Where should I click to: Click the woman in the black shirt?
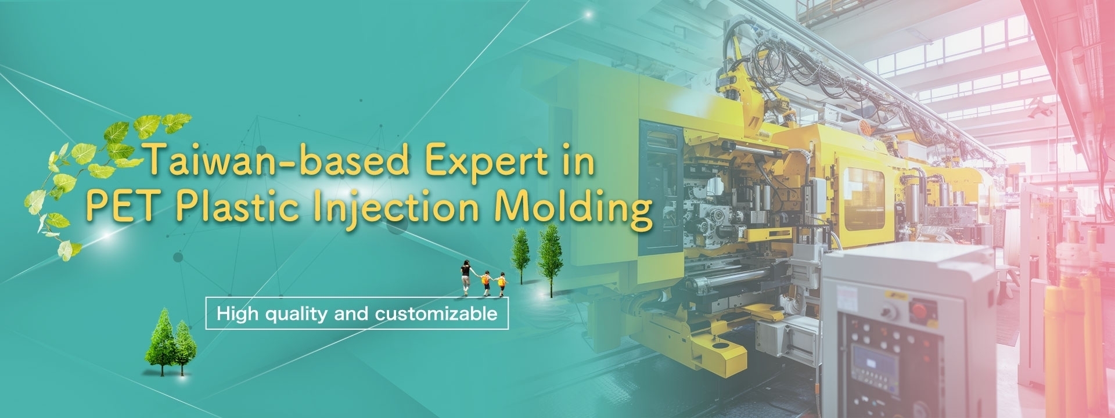[466, 277]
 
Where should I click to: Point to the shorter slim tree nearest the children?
[520, 255]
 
